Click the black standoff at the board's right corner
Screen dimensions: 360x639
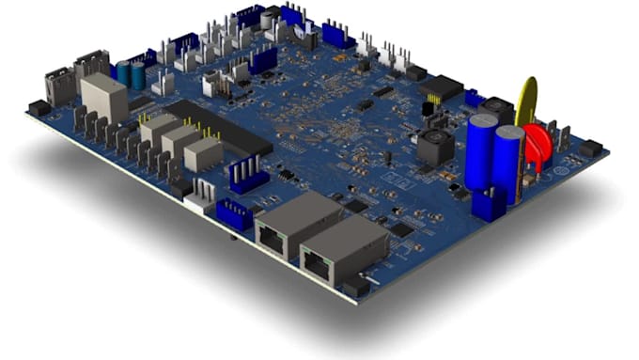(x=590, y=148)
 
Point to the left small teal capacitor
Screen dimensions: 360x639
(x=124, y=72)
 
